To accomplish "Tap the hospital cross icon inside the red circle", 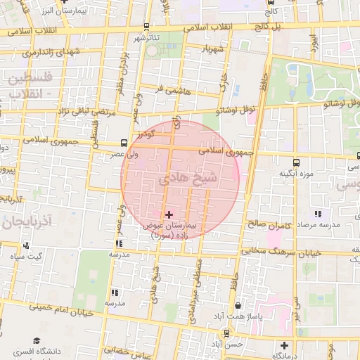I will pyautogui.click(x=168, y=214).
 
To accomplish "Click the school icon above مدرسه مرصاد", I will pyautogui.click(x=318, y=214).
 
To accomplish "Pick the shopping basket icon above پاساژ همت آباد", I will pyautogui.click(x=239, y=306).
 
